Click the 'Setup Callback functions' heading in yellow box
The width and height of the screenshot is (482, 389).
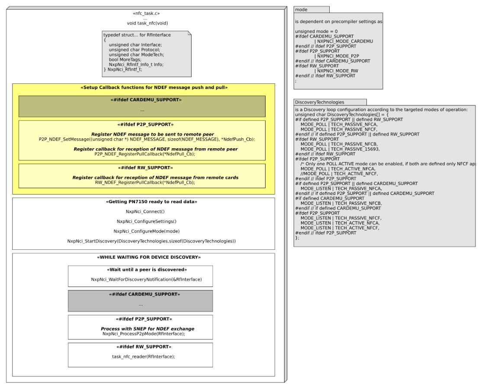tap(143, 88)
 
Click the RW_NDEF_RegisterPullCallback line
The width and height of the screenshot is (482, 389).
tap(145, 182)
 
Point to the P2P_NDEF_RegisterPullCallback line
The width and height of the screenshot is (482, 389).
tap(145, 154)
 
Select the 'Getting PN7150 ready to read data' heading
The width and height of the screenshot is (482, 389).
tap(143, 201)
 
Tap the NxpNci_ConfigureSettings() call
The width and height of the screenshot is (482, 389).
tap(143, 221)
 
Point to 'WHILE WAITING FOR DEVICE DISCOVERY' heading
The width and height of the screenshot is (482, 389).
tap(143, 257)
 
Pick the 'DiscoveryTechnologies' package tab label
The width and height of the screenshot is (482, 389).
tap(319, 102)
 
